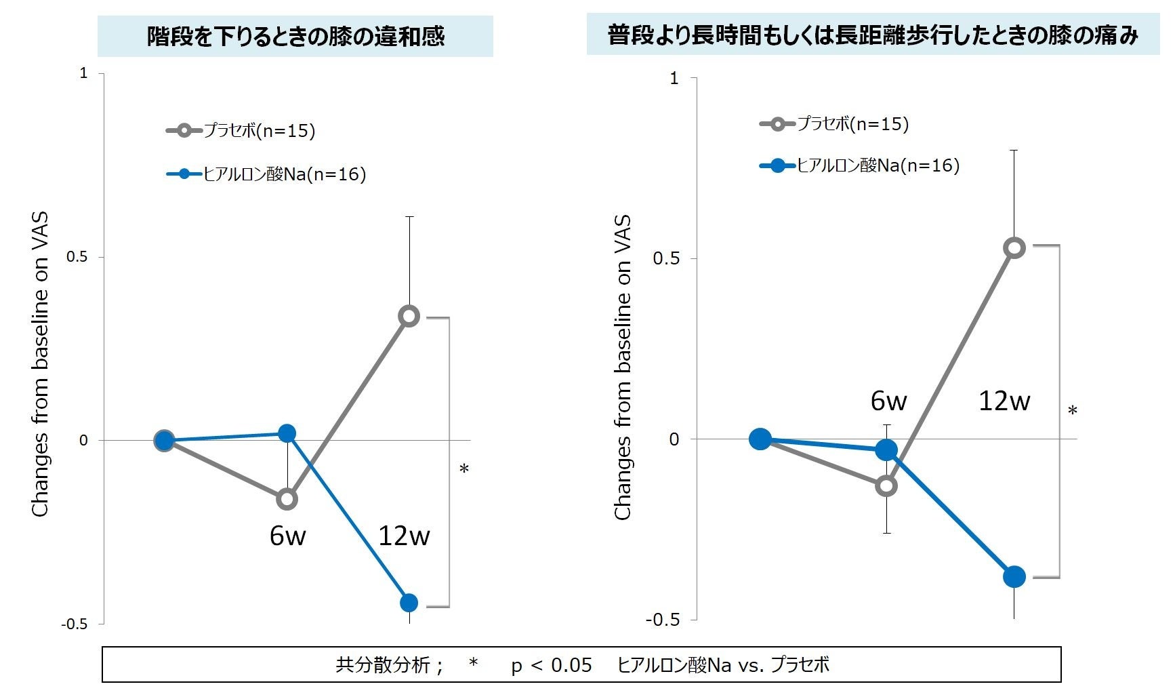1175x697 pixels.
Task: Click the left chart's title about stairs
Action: [x=295, y=36]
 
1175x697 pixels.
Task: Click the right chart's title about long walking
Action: [x=873, y=35]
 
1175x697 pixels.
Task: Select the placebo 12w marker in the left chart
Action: [x=409, y=316]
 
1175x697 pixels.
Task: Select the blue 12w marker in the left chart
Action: [x=409, y=602]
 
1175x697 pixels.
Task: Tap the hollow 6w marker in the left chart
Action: [x=287, y=499]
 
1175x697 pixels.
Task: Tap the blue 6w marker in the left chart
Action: [x=287, y=433]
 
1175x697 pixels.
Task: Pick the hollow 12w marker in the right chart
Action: [x=1014, y=248]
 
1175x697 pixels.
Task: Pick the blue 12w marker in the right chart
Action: [x=1014, y=576]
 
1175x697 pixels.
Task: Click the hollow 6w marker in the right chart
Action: [x=886, y=485]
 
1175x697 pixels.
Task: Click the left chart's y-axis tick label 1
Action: [x=84, y=73]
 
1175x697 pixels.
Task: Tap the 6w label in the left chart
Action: [x=287, y=536]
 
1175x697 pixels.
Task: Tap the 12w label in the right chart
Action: [x=1004, y=401]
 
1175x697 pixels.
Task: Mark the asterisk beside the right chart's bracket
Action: [x=1073, y=411]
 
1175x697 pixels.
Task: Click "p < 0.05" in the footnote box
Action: [x=552, y=665]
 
